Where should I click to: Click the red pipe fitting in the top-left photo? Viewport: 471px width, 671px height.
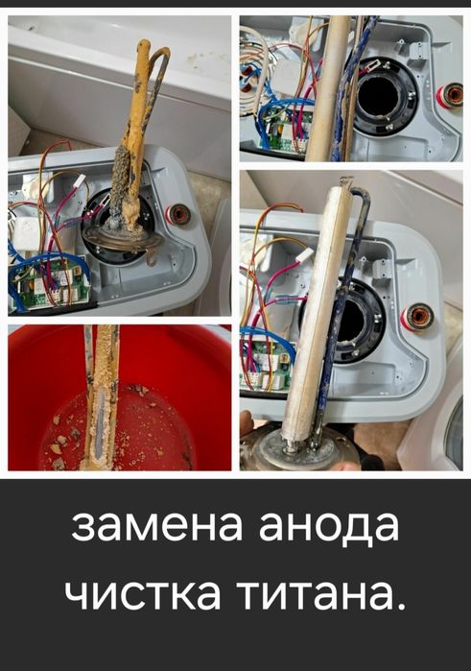coord(177,213)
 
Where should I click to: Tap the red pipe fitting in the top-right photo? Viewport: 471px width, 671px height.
coord(448,95)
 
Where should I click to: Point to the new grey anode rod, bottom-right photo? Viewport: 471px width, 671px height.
coord(309,307)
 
